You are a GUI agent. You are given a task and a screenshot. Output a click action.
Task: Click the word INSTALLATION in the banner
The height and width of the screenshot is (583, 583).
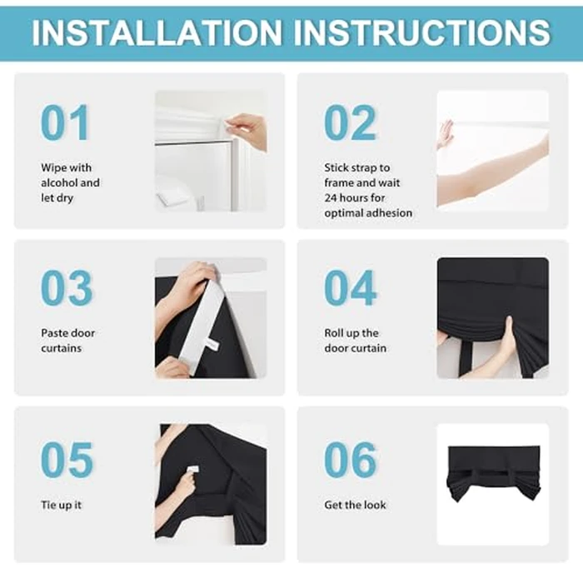click(157, 32)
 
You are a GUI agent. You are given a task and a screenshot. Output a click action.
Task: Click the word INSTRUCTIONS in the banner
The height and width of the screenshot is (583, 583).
click(422, 32)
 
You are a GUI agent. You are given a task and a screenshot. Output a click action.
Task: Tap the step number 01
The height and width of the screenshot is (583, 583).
click(65, 122)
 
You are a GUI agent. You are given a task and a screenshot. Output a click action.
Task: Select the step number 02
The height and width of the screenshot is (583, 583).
click(350, 122)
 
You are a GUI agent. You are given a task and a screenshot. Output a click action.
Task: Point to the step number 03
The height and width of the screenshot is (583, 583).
click(66, 287)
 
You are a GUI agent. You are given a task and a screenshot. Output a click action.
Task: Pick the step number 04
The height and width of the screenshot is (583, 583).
click(351, 287)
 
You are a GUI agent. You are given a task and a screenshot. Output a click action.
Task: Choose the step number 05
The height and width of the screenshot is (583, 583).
click(67, 460)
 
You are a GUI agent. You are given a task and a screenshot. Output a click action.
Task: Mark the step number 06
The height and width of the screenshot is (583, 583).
click(351, 460)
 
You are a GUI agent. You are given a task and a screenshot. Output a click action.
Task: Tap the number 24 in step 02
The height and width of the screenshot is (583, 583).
click(330, 198)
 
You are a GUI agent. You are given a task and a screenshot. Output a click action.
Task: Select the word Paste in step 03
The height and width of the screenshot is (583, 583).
click(53, 333)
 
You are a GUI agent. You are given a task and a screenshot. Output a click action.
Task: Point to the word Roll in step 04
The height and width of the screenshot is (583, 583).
click(333, 333)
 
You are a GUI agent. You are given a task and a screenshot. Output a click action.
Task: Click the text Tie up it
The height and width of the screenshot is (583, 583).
click(61, 505)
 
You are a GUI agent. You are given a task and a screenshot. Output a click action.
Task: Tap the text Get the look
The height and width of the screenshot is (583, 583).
click(355, 505)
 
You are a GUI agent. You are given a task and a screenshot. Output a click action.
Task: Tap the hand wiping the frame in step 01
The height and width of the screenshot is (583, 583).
click(247, 131)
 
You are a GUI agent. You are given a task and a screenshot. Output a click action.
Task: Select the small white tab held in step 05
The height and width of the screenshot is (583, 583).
click(192, 469)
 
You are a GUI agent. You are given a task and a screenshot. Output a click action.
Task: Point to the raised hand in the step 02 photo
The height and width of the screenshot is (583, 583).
click(445, 134)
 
